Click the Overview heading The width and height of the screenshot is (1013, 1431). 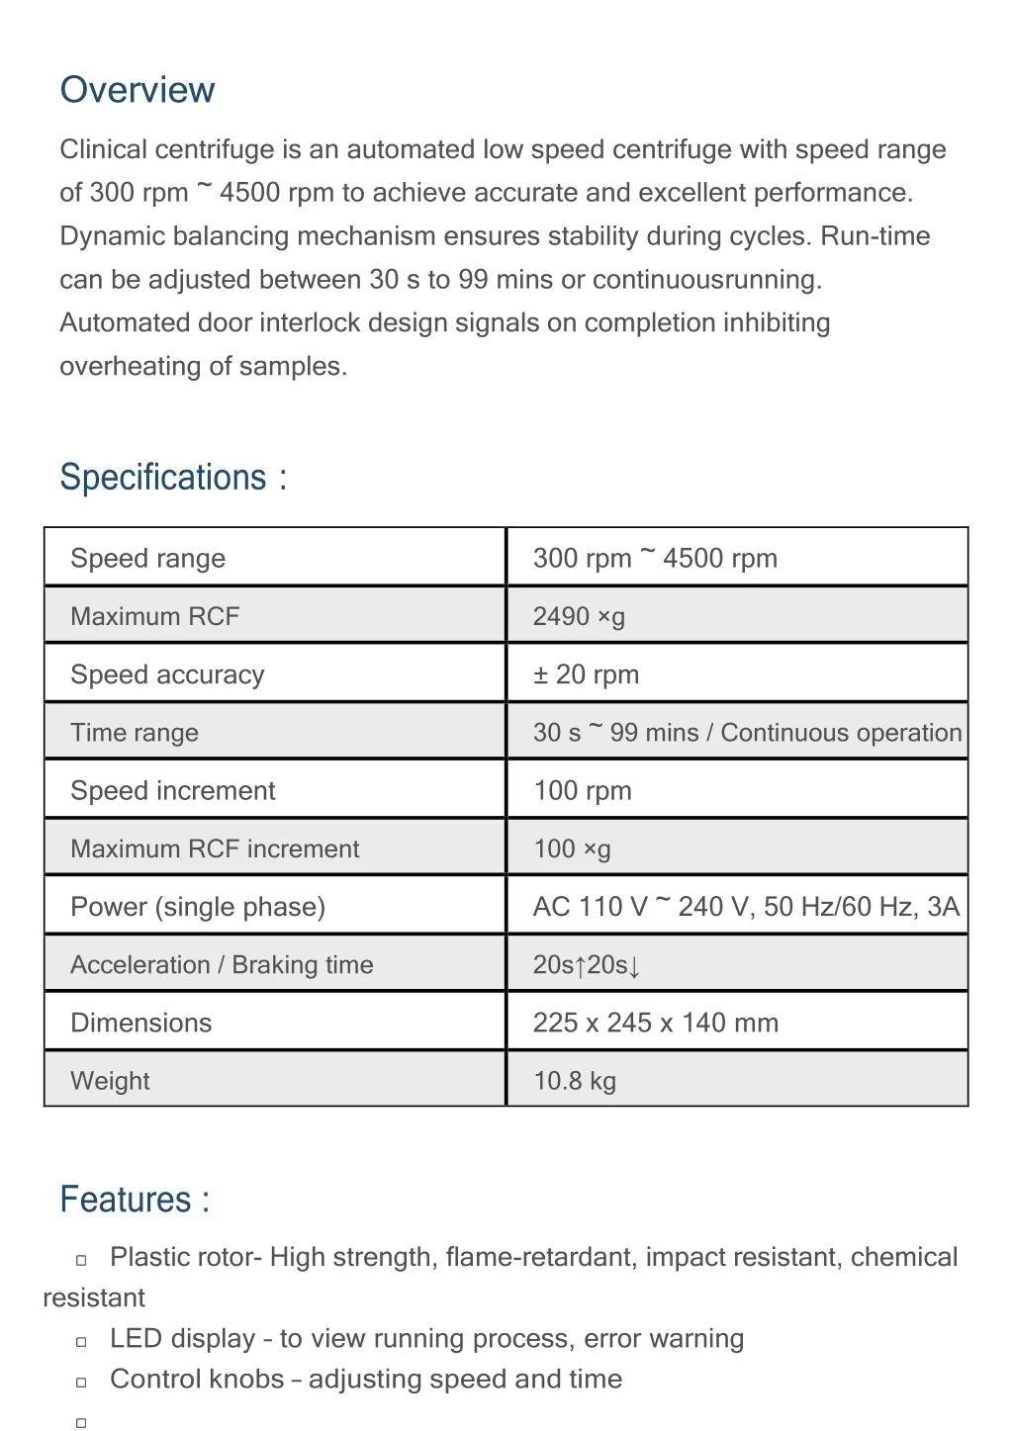137,90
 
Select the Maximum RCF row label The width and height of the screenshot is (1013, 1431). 155,616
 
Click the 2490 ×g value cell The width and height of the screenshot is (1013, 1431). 579,616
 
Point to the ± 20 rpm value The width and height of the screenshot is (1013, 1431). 586,674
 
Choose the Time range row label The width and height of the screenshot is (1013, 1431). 135,733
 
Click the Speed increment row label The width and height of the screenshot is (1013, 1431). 173,790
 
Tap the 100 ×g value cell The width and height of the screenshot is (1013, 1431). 572,849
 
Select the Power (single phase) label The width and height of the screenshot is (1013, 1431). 198,907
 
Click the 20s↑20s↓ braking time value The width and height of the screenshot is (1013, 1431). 587,964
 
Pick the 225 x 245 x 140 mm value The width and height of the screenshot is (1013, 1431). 655,1023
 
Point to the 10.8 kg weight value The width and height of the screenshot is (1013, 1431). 575,1081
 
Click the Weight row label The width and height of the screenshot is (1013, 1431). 110,1081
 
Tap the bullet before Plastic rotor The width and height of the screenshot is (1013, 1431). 82,1260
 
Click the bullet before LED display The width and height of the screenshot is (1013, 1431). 82,1341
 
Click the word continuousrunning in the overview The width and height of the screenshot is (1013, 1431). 706,280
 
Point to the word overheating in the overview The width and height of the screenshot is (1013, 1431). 129,367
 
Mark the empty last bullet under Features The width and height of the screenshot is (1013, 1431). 82,1422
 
